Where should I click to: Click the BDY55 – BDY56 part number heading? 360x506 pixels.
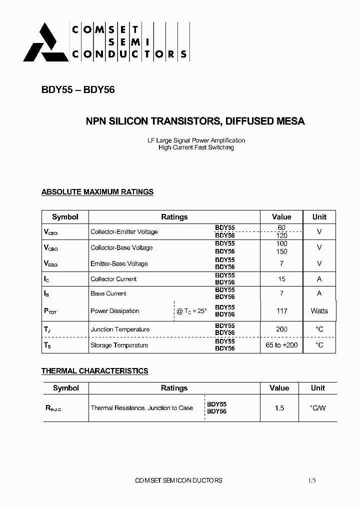pos(78,90)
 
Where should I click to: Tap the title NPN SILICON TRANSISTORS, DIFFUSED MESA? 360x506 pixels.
pos(195,121)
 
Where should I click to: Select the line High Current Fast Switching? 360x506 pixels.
pos(196,147)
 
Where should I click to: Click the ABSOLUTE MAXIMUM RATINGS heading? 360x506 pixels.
pos(97,192)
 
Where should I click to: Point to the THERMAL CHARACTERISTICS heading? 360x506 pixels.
pos(94,371)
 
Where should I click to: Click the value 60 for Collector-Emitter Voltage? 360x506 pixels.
pos(281,227)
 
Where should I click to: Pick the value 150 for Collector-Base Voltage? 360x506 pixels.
pos(281,251)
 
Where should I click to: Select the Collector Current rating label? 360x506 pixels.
pos(113,279)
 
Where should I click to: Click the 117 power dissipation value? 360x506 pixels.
pos(282,311)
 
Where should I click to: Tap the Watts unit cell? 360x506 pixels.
pos(319,311)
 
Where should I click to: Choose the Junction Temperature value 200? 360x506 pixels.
pos(281,329)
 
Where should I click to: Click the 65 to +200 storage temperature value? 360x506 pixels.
pos(281,345)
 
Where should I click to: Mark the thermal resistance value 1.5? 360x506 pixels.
pos(279,408)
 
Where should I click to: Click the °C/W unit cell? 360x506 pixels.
pos(318,408)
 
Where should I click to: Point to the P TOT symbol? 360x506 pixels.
pos(50,311)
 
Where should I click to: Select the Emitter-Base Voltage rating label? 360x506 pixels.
pos(119,263)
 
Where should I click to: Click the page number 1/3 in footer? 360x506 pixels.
pos(312,480)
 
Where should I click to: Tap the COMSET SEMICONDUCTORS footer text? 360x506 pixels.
pos(178,480)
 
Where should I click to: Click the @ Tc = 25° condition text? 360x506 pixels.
pos(191,311)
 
